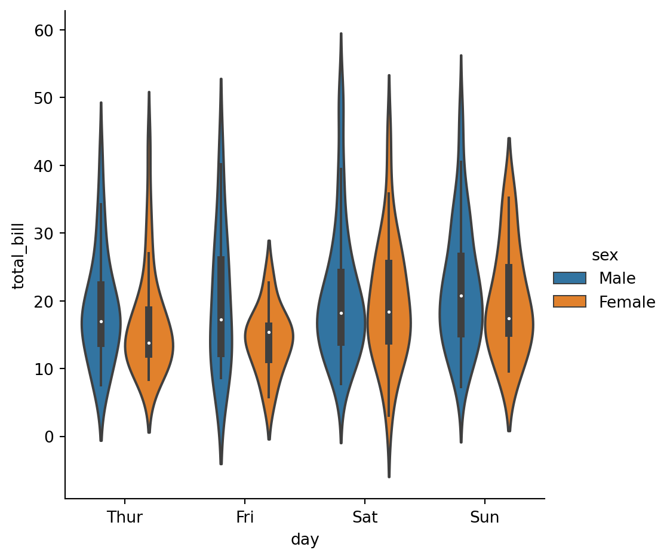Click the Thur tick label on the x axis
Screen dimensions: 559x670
tap(124, 517)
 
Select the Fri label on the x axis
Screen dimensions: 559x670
tap(245, 517)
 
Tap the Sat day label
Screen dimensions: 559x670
tap(364, 517)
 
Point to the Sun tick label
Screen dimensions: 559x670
tap(484, 517)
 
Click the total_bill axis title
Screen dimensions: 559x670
tap(19, 256)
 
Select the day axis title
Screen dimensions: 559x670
tap(305, 540)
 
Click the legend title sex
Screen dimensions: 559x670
tap(604, 256)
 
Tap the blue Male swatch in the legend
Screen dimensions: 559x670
tap(570, 278)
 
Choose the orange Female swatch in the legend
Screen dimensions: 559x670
tap(570, 302)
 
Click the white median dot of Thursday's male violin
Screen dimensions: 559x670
tap(101, 321)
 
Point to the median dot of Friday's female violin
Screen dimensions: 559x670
tap(269, 332)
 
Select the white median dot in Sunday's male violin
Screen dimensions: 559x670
tap(461, 296)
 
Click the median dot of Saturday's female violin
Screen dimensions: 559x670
tap(389, 312)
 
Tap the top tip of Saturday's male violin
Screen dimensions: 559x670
tap(341, 34)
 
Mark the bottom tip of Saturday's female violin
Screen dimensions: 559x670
tap(389, 476)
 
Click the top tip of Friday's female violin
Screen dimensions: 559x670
tap(269, 241)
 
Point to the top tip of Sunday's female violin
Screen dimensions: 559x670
tap(509, 139)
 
